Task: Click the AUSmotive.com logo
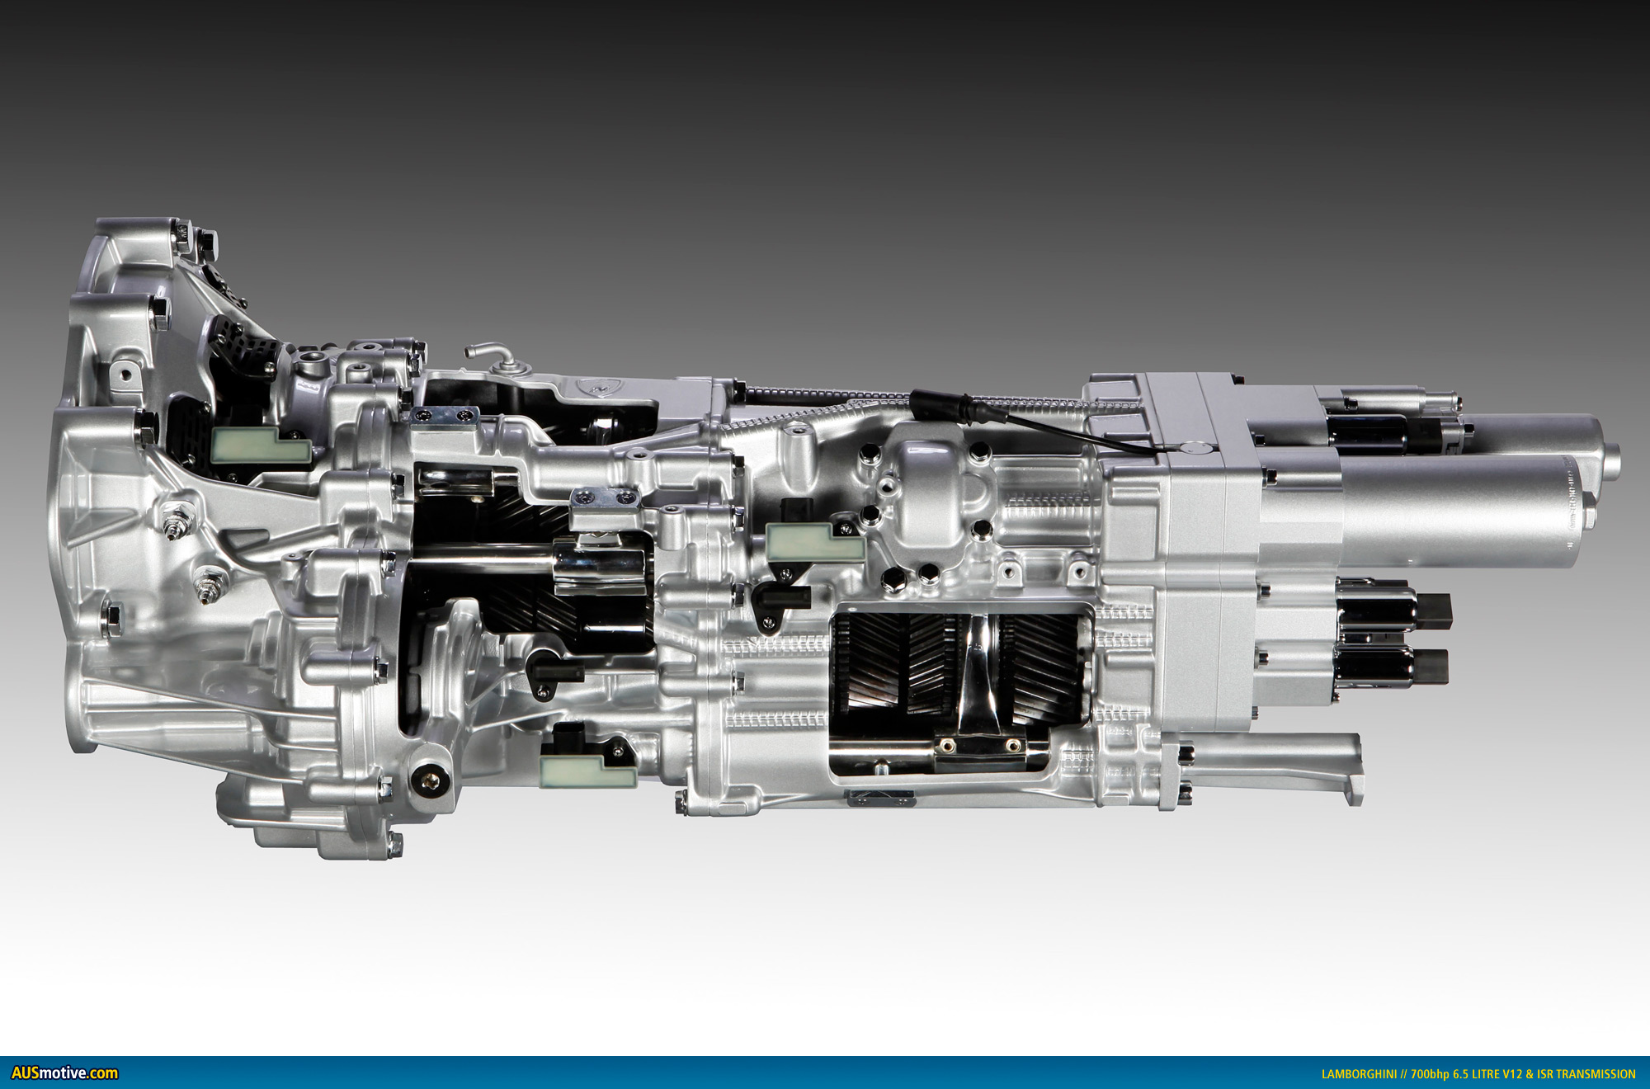click(x=64, y=1072)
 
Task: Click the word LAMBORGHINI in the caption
click(x=1359, y=1074)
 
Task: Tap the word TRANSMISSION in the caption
click(x=1596, y=1074)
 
